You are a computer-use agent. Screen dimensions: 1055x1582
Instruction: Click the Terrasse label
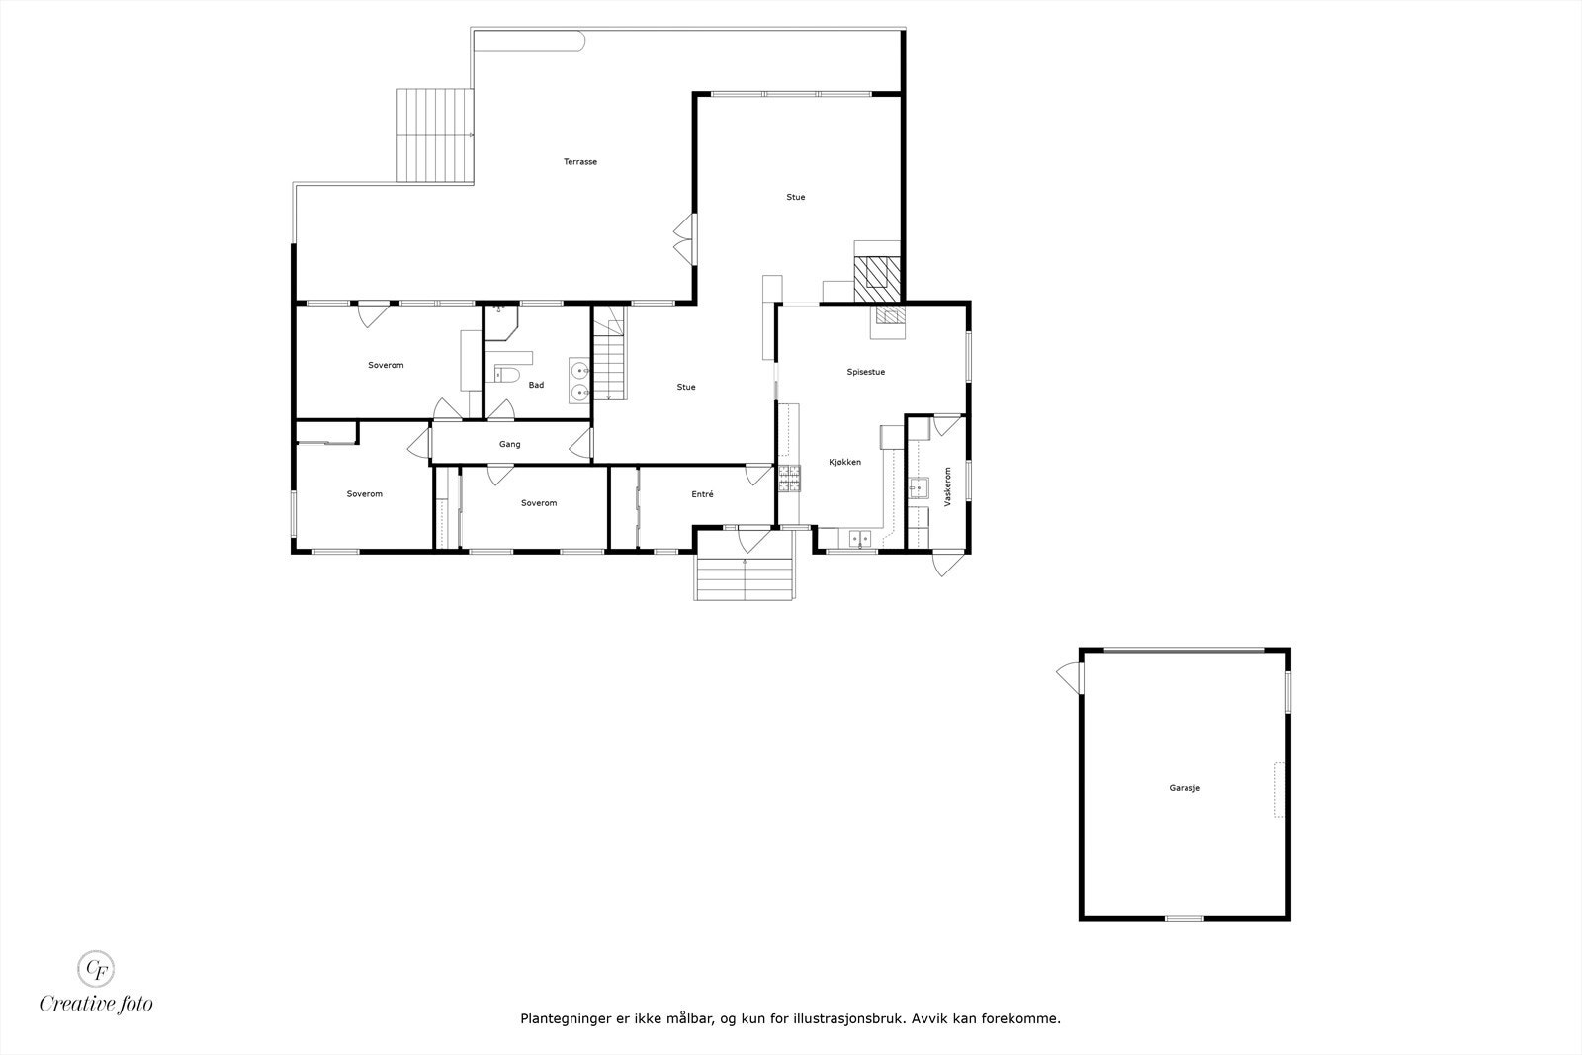[580, 162]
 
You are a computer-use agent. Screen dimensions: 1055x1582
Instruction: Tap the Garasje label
[1185, 788]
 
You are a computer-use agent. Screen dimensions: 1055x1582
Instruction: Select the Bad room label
[536, 385]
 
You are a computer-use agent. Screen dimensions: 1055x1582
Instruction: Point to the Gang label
[509, 445]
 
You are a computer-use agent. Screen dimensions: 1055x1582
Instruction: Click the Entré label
[702, 494]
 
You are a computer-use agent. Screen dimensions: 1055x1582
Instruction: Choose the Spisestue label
[865, 372]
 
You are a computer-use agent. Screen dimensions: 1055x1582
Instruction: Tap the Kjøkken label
[845, 462]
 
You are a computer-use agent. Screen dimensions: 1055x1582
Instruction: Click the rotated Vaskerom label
[947, 487]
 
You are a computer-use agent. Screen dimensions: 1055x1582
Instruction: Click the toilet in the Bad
[505, 374]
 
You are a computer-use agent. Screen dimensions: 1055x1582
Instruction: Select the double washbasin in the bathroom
[579, 382]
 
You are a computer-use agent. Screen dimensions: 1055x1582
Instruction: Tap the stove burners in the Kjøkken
[789, 479]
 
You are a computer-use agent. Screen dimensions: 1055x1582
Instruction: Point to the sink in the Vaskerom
[919, 487]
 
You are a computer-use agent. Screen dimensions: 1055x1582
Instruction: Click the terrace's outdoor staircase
[436, 135]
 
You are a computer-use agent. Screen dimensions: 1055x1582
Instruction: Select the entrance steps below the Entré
[745, 578]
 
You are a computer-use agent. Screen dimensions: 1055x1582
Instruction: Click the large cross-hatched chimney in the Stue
[878, 272]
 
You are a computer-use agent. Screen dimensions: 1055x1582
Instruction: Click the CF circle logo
[96, 967]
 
